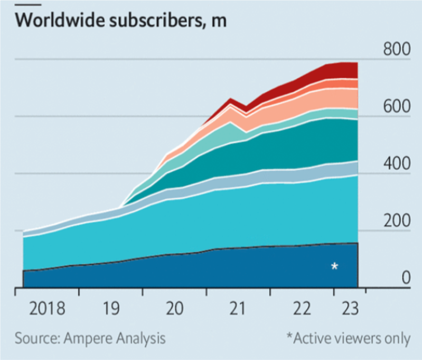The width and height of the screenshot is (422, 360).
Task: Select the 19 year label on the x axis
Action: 111,308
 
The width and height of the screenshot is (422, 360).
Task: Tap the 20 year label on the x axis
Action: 174,308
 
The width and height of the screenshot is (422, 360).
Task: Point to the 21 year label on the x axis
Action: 238,308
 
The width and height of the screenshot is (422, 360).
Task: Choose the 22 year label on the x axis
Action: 302,308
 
